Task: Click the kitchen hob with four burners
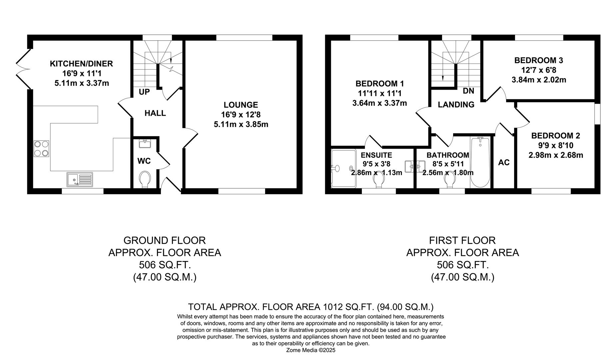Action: (42, 149)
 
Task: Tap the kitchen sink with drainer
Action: (80, 179)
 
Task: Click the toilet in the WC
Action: (144, 179)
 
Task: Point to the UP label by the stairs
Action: (144, 92)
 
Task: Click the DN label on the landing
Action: (468, 91)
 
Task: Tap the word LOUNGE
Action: (241, 105)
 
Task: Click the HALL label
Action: (155, 113)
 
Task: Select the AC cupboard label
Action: (504, 163)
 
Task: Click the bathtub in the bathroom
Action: (480, 163)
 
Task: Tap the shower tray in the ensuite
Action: (343, 169)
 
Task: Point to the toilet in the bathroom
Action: (449, 181)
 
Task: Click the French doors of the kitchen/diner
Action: (23, 69)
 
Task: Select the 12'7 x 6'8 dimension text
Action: (538, 70)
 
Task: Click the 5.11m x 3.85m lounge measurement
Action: (241, 125)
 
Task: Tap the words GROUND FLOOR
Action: (165, 240)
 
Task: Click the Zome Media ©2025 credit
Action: (310, 350)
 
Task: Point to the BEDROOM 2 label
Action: (555, 136)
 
